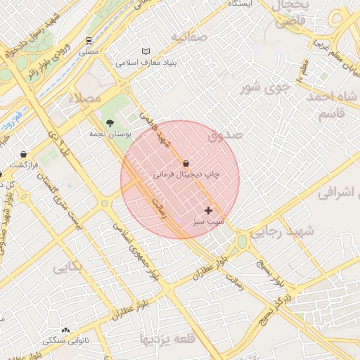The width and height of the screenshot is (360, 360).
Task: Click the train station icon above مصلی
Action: coord(89,41)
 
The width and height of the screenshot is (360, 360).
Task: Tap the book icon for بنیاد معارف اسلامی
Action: coord(146,51)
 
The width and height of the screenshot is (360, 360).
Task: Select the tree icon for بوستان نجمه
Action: coord(108,123)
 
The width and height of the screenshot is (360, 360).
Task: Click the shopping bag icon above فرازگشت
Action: coord(25,154)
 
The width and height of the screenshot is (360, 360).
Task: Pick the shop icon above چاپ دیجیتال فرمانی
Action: coord(186,163)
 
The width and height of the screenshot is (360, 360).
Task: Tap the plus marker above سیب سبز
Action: coord(208,210)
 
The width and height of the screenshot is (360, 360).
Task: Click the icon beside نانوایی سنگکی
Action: coord(66,330)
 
